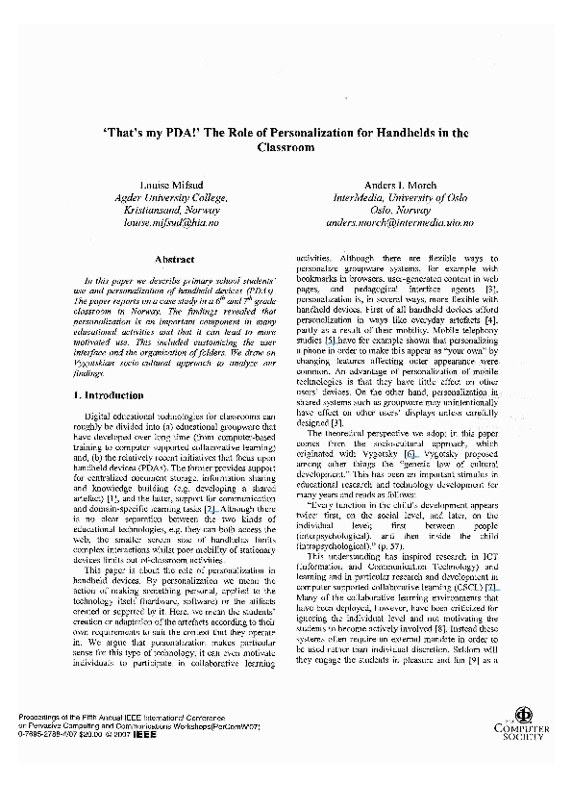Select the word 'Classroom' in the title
286,149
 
